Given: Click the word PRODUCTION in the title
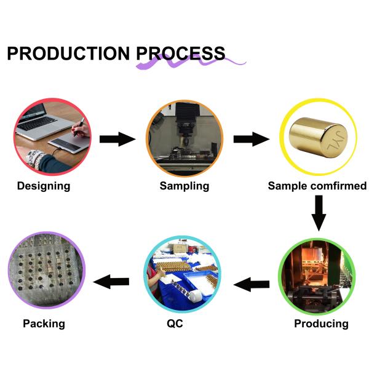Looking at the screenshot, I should pyautogui.click(x=69, y=54).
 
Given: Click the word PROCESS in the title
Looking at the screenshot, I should pyautogui.click(x=181, y=54).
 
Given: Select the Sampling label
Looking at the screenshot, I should pyautogui.click(x=184, y=186).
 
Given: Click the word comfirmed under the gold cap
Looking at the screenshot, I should pyautogui.click(x=338, y=186).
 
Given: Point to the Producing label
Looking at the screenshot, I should pyautogui.click(x=321, y=323).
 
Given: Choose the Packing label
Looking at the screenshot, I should pyautogui.click(x=44, y=323).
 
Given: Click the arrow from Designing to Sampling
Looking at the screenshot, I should pyautogui.click(x=117, y=138).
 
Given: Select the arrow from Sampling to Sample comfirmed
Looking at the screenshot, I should pyautogui.click(x=252, y=138).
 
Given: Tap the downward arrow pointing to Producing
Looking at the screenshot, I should pyautogui.click(x=319, y=213).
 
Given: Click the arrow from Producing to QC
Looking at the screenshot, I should pyautogui.click(x=252, y=284).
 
